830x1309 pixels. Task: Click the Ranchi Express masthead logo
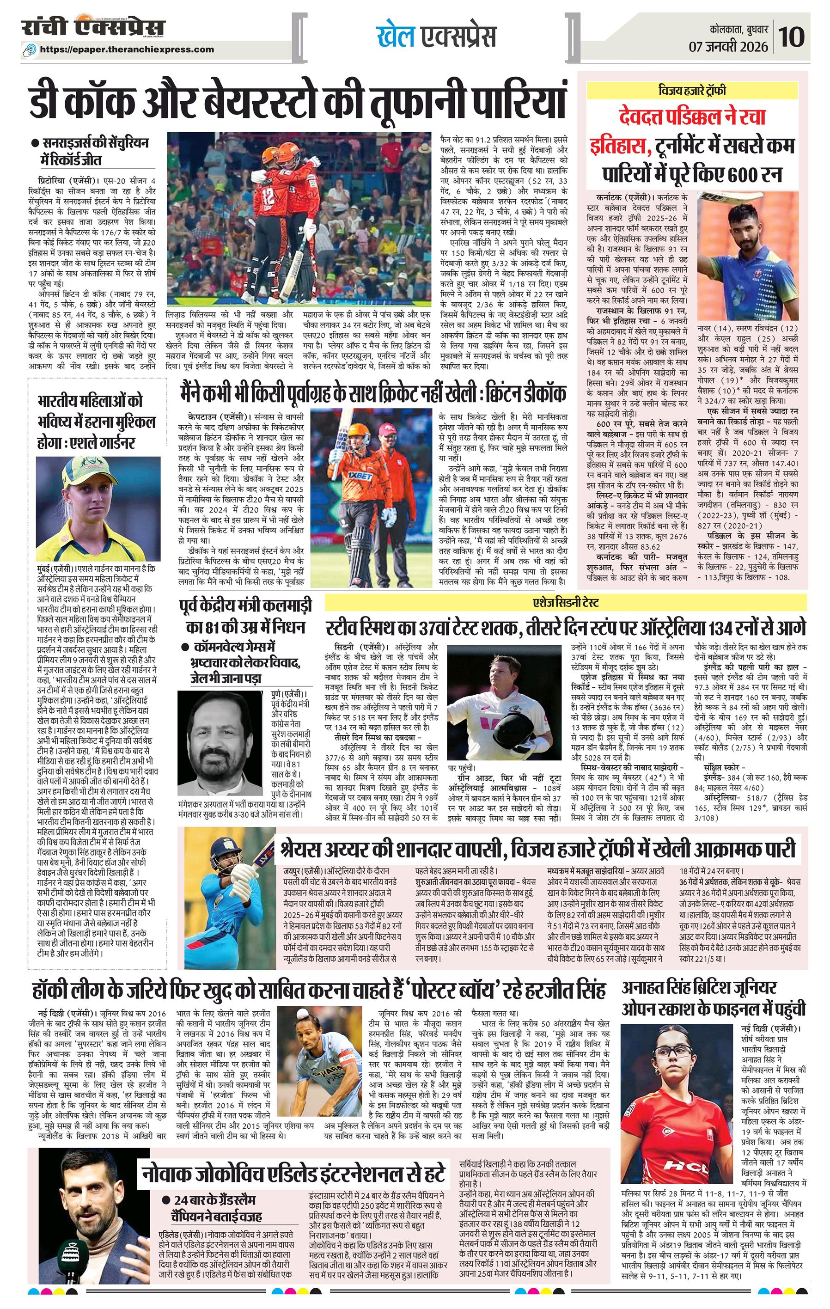coord(93,28)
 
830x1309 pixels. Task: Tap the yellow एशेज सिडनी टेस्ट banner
coord(565,602)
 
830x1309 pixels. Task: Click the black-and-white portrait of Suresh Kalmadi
coord(223,743)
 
